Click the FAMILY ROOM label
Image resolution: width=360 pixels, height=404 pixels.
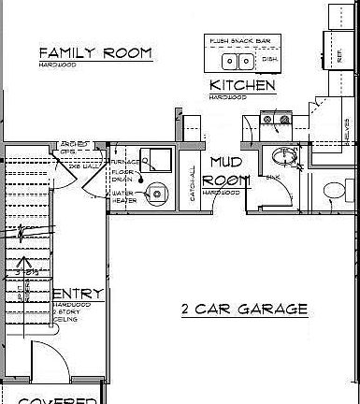point(95,52)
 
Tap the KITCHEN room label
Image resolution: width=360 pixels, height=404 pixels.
point(241,86)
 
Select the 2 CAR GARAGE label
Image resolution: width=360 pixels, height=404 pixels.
point(243,308)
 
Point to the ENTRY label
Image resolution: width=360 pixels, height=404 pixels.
point(78,295)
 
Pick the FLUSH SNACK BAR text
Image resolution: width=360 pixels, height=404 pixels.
point(241,41)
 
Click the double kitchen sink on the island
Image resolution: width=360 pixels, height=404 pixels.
point(238,62)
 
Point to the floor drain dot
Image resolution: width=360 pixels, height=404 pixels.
point(141,180)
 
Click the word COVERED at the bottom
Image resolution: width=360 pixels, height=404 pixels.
point(58,399)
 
